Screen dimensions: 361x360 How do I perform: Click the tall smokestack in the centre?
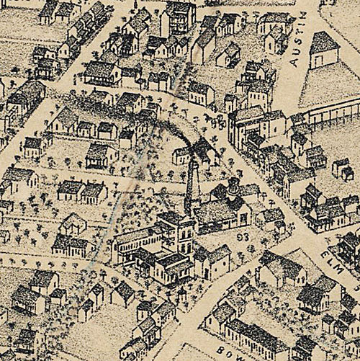(191, 185)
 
